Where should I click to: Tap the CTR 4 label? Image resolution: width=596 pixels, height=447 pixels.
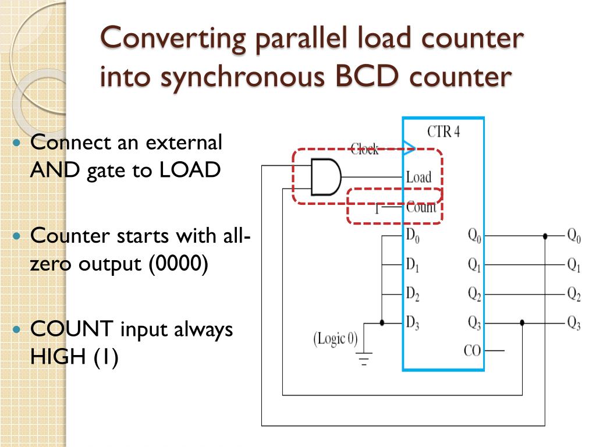[444, 131]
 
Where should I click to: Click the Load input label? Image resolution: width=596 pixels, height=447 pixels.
[418, 177]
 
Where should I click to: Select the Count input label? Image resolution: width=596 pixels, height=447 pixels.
[421, 207]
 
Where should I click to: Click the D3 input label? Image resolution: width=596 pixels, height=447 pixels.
[413, 322]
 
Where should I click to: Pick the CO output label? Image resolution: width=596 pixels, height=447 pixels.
[472, 351]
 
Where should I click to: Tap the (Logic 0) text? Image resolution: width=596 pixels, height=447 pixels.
[336, 338]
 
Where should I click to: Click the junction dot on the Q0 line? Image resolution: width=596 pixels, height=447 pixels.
[545, 236]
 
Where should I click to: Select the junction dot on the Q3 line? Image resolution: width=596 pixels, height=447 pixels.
[522, 322]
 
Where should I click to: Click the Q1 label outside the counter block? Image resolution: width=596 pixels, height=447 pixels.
[574, 266]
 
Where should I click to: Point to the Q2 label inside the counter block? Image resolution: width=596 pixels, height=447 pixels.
[474, 295]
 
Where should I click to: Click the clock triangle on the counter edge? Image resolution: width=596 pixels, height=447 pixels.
[409, 146]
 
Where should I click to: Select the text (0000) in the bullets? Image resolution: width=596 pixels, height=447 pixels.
[179, 264]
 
